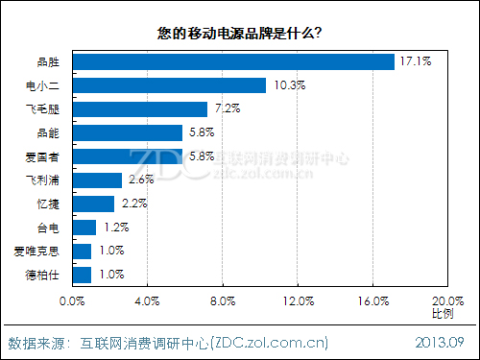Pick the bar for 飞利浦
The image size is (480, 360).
(x=97, y=180)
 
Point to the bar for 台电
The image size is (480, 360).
(x=84, y=228)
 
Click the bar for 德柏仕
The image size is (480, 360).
(x=83, y=275)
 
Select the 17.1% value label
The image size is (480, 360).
(x=415, y=61)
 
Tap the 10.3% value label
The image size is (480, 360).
(x=287, y=85)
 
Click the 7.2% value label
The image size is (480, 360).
(x=228, y=108)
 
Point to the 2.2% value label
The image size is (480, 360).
(x=134, y=204)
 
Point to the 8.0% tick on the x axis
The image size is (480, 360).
(x=222, y=301)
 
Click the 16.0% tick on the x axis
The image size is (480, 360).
(x=372, y=301)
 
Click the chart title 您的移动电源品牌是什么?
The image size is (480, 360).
(x=239, y=33)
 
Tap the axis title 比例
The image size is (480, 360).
(x=444, y=314)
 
